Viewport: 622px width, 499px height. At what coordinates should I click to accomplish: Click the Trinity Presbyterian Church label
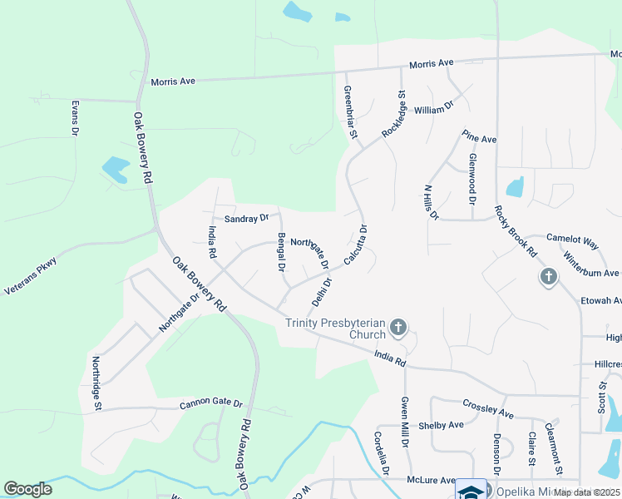coord(336,329)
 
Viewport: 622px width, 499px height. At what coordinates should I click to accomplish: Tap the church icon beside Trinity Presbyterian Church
coord(398,328)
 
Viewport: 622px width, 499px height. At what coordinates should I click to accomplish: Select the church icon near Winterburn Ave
coord(548,277)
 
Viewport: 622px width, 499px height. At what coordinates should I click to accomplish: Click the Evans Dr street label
coord(75,118)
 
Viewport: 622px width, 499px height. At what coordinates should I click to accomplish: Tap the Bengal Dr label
coord(282,253)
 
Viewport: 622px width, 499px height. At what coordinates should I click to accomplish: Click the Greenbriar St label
coord(350,111)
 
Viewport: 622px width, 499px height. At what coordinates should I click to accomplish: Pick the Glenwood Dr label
coord(471,179)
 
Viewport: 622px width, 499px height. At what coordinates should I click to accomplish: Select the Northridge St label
coord(97,383)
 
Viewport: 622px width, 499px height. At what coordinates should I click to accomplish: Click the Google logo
coord(28,489)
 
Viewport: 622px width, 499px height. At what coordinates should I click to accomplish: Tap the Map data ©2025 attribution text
coord(586,492)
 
